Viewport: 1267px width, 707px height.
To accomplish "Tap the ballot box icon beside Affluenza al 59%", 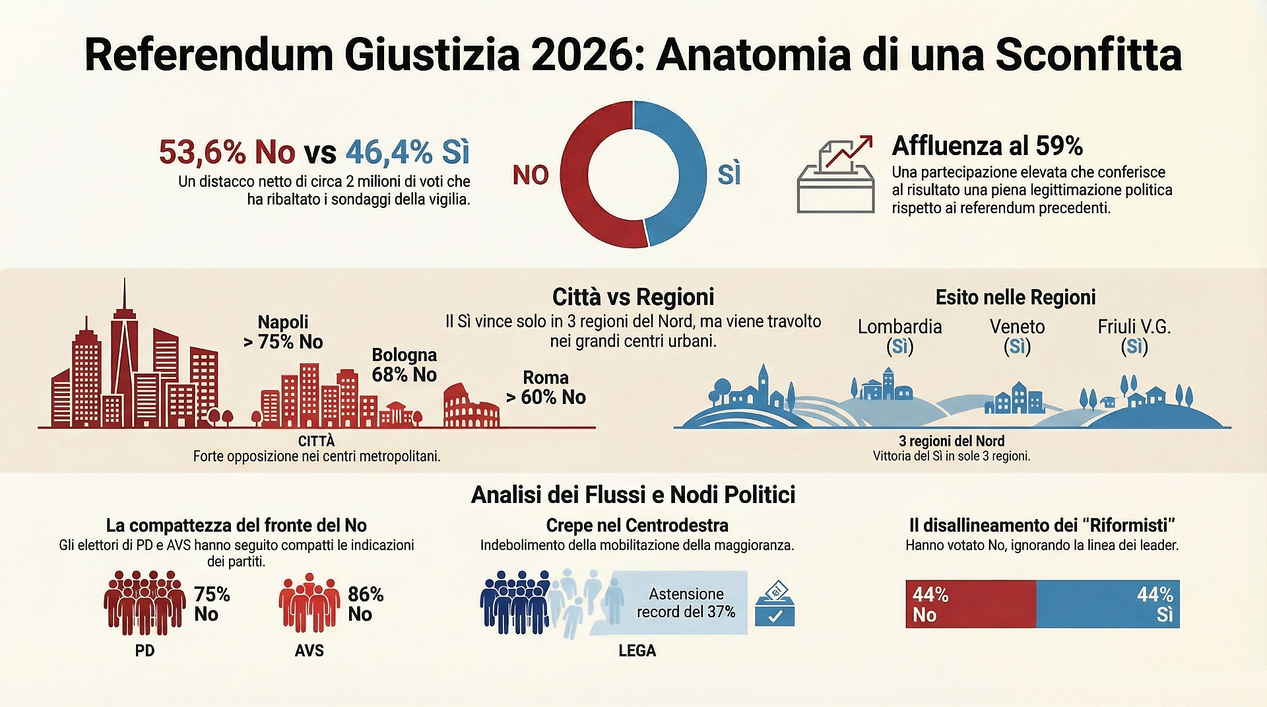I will [835, 176].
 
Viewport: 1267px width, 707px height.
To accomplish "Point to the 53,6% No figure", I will [227, 152].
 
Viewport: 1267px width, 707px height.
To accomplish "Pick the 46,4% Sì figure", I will [407, 152].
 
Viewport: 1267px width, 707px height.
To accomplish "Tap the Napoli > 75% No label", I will [283, 332].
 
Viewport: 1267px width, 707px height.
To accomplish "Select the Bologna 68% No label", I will [404, 365].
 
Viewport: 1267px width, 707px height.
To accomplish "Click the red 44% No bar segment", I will [970, 604].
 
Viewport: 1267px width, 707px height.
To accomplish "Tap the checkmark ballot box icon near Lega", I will [775, 603].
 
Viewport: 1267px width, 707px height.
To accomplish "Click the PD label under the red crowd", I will [145, 651].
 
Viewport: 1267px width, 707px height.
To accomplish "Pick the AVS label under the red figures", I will [309, 651].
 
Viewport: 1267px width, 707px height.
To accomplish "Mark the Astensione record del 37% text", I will [686, 603].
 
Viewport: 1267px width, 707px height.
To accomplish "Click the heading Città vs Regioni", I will [633, 297].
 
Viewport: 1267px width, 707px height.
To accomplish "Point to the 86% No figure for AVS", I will [366, 604].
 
